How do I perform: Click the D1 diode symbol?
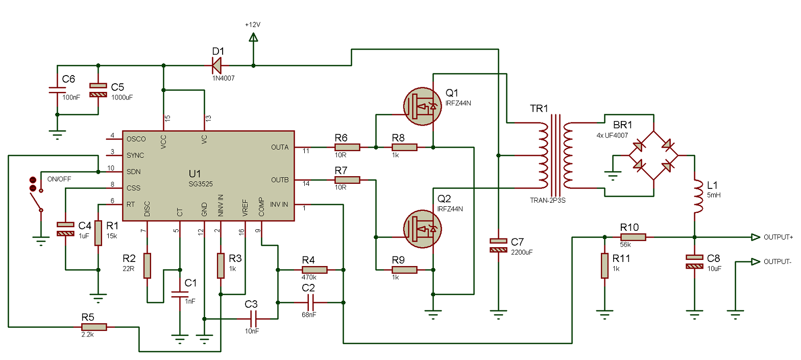(217, 65)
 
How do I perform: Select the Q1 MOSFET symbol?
(422, 106)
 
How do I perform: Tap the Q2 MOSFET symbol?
(422, 229)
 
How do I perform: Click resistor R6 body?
(347, 147)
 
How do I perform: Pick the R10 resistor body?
(633, 237)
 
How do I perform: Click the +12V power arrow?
(253, 37)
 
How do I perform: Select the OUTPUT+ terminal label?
(778, 237)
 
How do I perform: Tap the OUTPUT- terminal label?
(777, 261)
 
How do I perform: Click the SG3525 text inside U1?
(201, 184)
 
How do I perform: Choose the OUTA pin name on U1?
(280, 147)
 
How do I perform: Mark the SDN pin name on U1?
(133, 172)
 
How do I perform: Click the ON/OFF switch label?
(59, 179)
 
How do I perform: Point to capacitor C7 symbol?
(498, 245)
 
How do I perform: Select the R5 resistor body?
(94, 327)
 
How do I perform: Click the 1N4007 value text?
(224, 78)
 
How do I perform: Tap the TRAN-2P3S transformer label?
(547, 200)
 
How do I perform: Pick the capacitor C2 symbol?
(310, 302)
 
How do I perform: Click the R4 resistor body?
(314, 270)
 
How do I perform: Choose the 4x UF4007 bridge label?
(612, 135)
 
